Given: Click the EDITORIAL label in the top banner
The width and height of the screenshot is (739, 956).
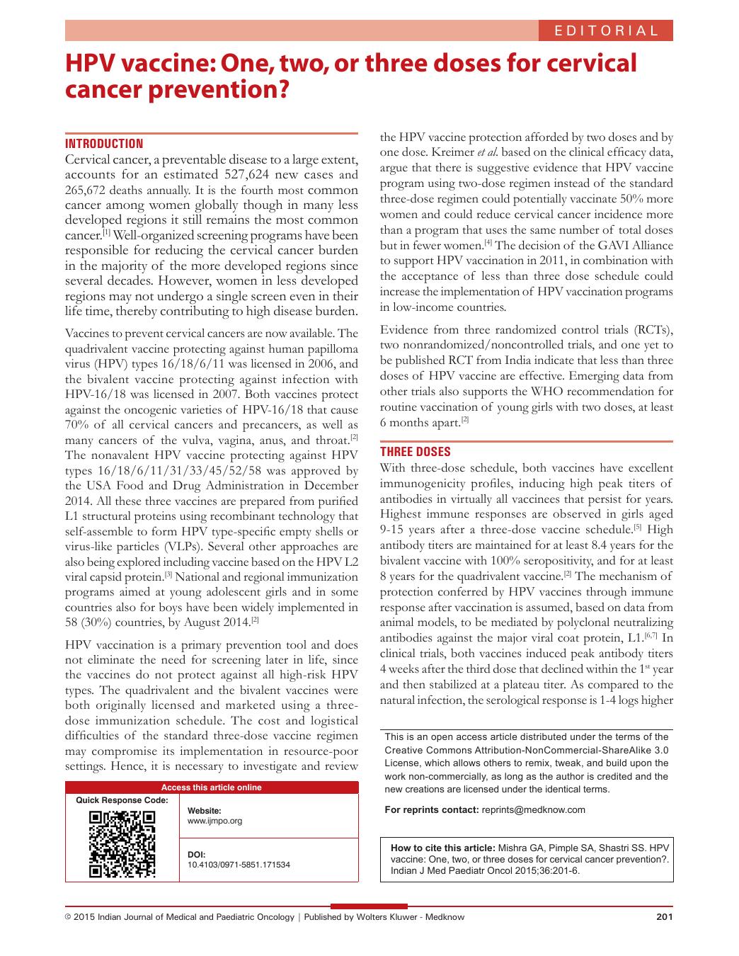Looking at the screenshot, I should [607, 30].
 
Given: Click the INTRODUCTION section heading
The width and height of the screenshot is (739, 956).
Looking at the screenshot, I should [104, 144].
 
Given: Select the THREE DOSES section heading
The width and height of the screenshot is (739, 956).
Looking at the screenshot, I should [416, 452].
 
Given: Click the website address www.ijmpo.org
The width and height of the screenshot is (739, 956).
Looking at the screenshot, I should [214, 821].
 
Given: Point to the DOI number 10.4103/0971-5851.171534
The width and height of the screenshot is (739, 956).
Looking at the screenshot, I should [239, 865].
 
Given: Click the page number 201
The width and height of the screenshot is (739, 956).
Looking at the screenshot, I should [664, 917].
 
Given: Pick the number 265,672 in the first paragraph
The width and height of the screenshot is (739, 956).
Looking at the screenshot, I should [92, 190].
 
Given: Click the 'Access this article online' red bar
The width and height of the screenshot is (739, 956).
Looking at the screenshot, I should [212, 787].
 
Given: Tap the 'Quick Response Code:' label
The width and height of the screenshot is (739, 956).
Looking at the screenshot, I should [122, 800].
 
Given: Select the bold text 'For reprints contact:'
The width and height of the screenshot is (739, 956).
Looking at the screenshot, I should [431, 809].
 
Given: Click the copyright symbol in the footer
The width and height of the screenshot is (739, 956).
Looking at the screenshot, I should [68, 917].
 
